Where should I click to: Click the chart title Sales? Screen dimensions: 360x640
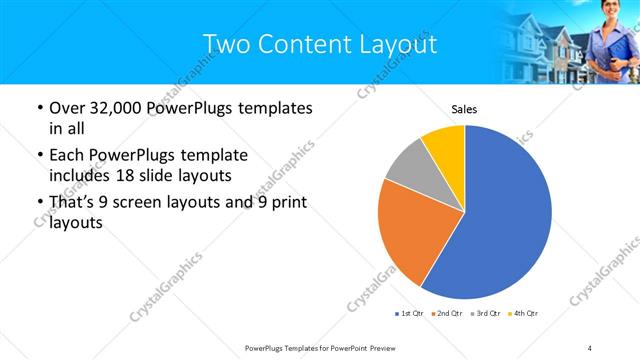(464, 109)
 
